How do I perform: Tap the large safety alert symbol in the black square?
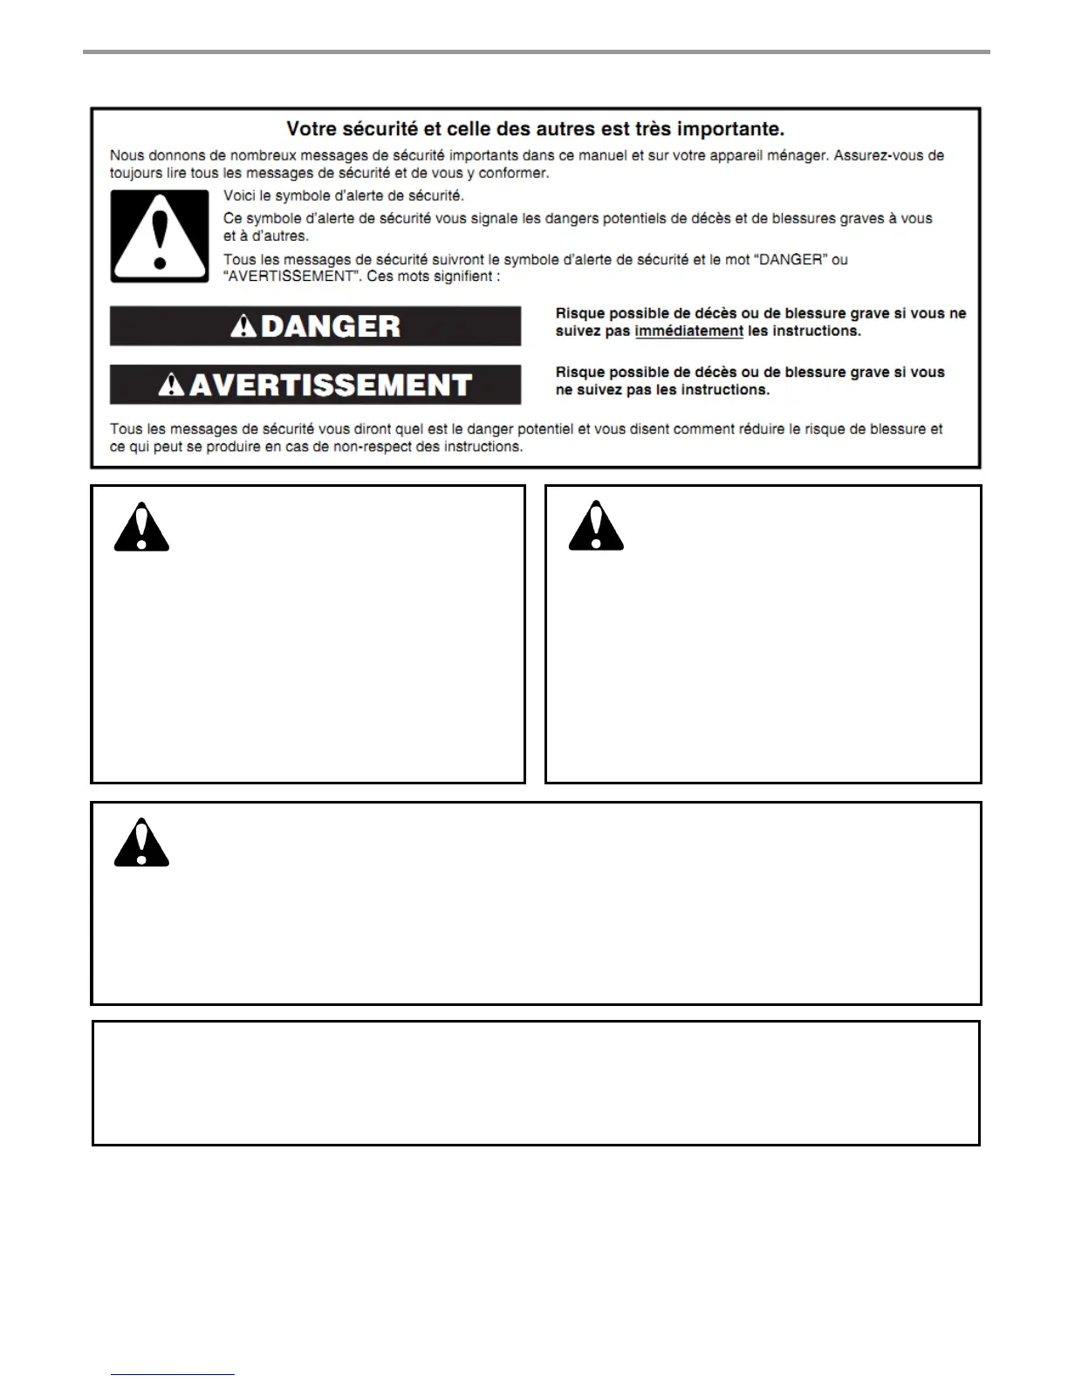pos(160,236)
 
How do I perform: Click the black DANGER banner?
pos(315,326)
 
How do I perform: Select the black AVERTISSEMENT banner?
pos(315,385)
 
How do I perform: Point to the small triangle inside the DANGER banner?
pos(243,327)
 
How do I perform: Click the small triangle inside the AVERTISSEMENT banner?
pos(172,386)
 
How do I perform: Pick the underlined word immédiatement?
pos(688,332)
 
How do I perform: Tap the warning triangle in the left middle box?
pos(141,528)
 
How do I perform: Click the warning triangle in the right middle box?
pos(596,527)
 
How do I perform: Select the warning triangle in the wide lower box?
pos(141,844)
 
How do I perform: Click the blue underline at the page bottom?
pos(173,1374)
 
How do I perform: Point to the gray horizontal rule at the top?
pos(536,52)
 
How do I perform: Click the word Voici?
pos(240,196)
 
